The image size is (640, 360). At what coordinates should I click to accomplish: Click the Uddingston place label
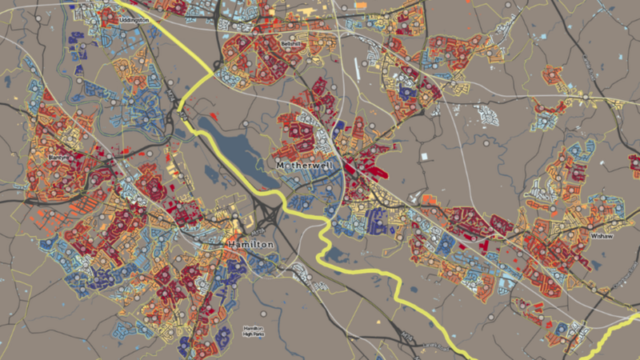coord(133,18)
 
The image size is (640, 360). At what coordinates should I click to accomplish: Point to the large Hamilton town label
coord(250,243)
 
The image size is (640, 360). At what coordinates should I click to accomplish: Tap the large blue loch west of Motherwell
coord(228,144)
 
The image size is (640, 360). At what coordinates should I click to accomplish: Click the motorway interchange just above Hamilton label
coord(265,215)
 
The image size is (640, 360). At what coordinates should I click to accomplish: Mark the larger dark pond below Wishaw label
coord(599,265)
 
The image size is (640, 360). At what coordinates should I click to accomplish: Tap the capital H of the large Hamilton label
coord(231,243)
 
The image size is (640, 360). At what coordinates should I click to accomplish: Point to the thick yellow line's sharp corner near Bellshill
coord(214,74)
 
